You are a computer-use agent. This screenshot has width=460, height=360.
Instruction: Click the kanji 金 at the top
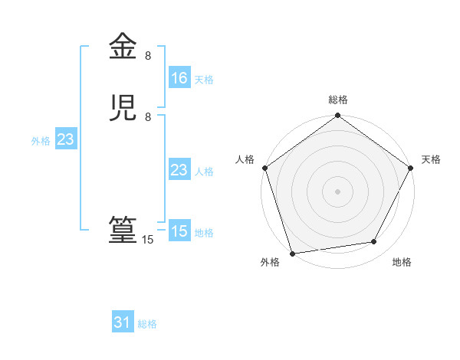click(x=123, y=47)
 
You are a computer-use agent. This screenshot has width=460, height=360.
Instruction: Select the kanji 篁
click(x=123, y=231)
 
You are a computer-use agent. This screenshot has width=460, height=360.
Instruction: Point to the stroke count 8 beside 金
click(x=148, y=56)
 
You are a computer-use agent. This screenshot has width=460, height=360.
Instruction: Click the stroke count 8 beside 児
click(x=148, y=117)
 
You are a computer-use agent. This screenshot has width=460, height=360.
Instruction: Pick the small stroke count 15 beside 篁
click(x=148, y=240)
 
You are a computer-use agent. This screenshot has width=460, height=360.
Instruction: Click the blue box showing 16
click(x=179, y=77)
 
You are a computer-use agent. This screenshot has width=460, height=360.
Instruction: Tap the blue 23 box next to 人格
click(x=179, y=170)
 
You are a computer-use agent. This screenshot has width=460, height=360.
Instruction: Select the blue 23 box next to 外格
click(x=65, y=139)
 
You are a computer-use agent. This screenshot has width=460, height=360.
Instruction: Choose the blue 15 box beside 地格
click(x=179, y=231)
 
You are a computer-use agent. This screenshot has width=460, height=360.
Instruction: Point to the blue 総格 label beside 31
click(x=147, y=324)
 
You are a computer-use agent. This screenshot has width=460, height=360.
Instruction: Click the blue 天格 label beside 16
click(x=204, y=79)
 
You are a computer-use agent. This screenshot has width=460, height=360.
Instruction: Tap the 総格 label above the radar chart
click(x=337, y=100)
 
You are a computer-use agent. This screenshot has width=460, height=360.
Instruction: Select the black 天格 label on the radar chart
click(x=431, y=159)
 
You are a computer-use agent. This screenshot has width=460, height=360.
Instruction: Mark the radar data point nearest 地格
click(x=374, y=242)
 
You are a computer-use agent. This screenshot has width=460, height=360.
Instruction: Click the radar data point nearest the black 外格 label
click(x=292, y=253)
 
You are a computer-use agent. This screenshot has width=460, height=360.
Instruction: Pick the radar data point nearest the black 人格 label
click(x=264, y=168)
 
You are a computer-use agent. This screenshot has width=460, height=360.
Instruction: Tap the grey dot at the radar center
click(x=337, y=191)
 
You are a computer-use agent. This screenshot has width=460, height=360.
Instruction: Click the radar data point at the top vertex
click(x=337, y=116)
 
